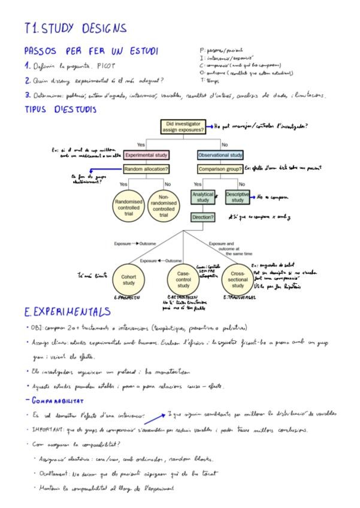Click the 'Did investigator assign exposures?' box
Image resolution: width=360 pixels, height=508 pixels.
tap(185, 127)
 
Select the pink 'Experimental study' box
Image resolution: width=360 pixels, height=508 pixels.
tap(147, 155)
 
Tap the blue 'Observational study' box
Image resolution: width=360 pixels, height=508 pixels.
tap(220, 155)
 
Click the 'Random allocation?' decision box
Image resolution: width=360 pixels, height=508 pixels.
tap(147, 170)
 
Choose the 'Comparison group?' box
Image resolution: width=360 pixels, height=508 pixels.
tap(220, 170)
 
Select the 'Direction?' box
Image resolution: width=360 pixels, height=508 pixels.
tap(202, 217)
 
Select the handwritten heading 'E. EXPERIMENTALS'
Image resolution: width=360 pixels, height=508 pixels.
tap(67, 312)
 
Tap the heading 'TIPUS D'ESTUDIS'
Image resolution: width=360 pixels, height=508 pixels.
tap(60, 110)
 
